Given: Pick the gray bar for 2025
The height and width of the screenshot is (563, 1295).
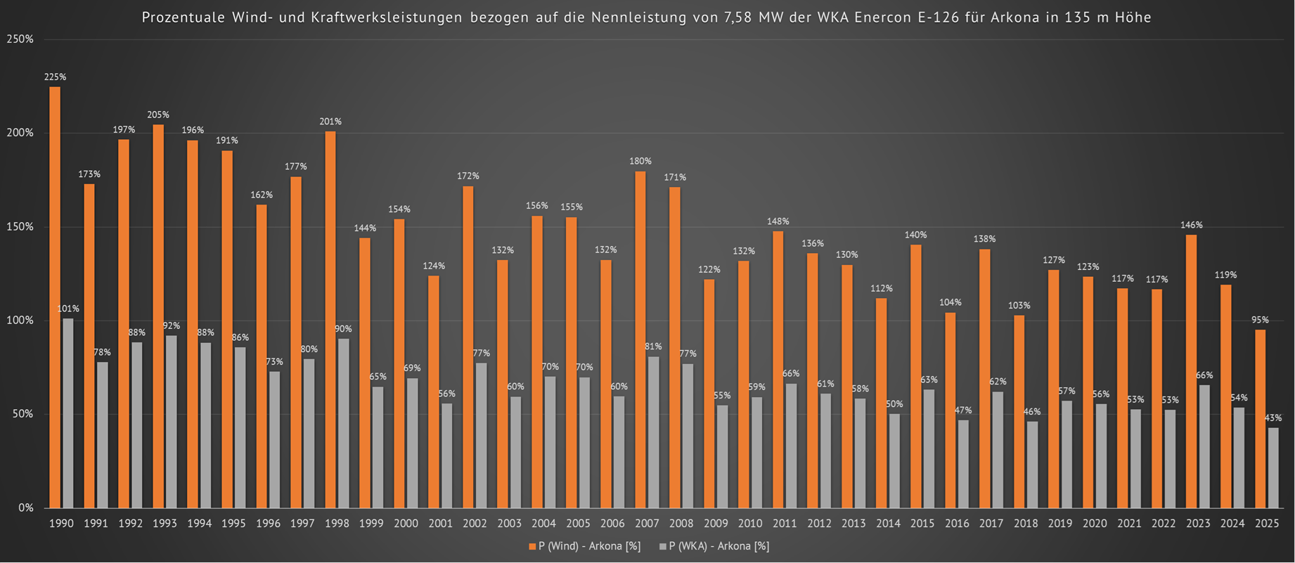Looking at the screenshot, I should [1273, 467].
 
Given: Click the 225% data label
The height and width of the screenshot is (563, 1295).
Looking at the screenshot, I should [55, 77].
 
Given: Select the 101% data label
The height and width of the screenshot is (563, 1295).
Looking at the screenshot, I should [68, 309].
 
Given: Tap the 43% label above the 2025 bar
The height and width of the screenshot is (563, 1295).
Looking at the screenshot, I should [1273, 418].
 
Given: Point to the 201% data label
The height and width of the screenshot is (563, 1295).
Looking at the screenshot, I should [330, 122].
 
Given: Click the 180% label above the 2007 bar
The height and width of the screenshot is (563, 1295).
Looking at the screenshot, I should [640, 162].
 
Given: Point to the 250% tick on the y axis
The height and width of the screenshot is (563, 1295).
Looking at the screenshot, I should [20, 39].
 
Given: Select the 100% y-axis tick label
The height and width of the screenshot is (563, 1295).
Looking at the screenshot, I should [20, 321].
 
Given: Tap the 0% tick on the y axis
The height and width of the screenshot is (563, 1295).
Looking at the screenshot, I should [25, 507].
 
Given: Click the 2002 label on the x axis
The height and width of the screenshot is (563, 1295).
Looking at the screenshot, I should [475, 524].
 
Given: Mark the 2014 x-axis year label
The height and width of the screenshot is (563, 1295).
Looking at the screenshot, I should [889, 524].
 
